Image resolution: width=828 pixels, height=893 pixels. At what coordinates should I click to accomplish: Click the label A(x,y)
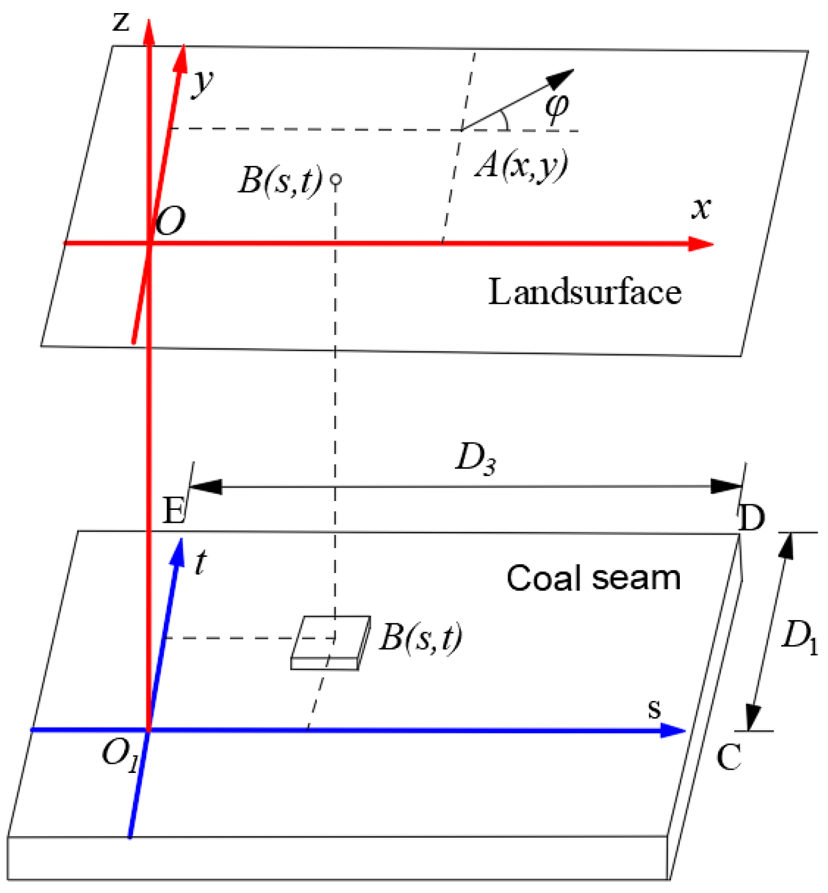click(x=521, y=166)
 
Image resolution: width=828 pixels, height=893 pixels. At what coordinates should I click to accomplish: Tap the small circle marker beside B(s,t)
click(x=337, y=180)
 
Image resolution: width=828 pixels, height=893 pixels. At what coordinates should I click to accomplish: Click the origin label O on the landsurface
click(x=171, y=221)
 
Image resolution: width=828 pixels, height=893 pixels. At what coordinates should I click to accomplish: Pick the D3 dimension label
click(x=475, y=458)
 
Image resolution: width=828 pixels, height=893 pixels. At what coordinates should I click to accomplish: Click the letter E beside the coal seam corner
click(x=174, y=510)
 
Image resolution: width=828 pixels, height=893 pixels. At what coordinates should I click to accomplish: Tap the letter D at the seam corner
click(x=752, y=518)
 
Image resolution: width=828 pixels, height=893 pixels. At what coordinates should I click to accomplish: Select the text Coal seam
click(x=594, y=578)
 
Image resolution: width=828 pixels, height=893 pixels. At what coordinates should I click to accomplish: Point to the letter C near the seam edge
click(x=729, y=757)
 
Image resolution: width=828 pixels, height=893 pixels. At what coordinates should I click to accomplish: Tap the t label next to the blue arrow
click(x=200, y=563)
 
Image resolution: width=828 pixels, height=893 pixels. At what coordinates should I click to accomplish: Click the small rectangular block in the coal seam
click(x=330, y=642)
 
